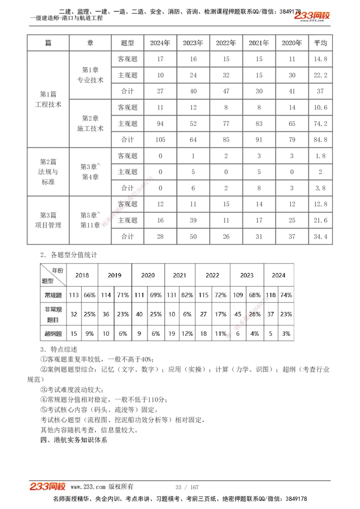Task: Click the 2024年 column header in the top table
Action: click(x=160, y=43)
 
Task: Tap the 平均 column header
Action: click(x=320, y=43)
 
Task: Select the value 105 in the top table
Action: click(x=160, y=140)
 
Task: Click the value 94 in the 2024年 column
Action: click(x=160, y=124)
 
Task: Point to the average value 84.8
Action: click(x=320, y=140)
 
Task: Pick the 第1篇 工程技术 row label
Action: click(x=48, y=99)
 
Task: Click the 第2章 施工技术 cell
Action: click(x=90, y=123)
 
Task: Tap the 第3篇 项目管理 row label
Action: click(x=48, y=220)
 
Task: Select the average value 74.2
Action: click(x=320, y=124)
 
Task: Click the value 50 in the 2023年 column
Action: click(x=193, y=237)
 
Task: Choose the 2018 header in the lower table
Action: click(x=82, y=276)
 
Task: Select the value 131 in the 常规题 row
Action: click(x=171, y=295)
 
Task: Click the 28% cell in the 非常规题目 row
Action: click(x=255, y=314)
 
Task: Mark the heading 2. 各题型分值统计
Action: click(x=68, y=255)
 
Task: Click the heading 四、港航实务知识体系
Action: click(x=74, y=440)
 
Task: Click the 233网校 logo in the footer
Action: click(x=48, y=487)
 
